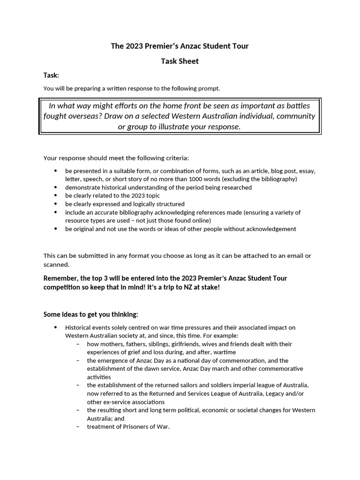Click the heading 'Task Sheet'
(180, 61)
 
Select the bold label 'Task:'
(51, 75)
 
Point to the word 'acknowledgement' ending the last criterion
(272, 229)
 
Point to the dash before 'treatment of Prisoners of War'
(78, 427)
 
